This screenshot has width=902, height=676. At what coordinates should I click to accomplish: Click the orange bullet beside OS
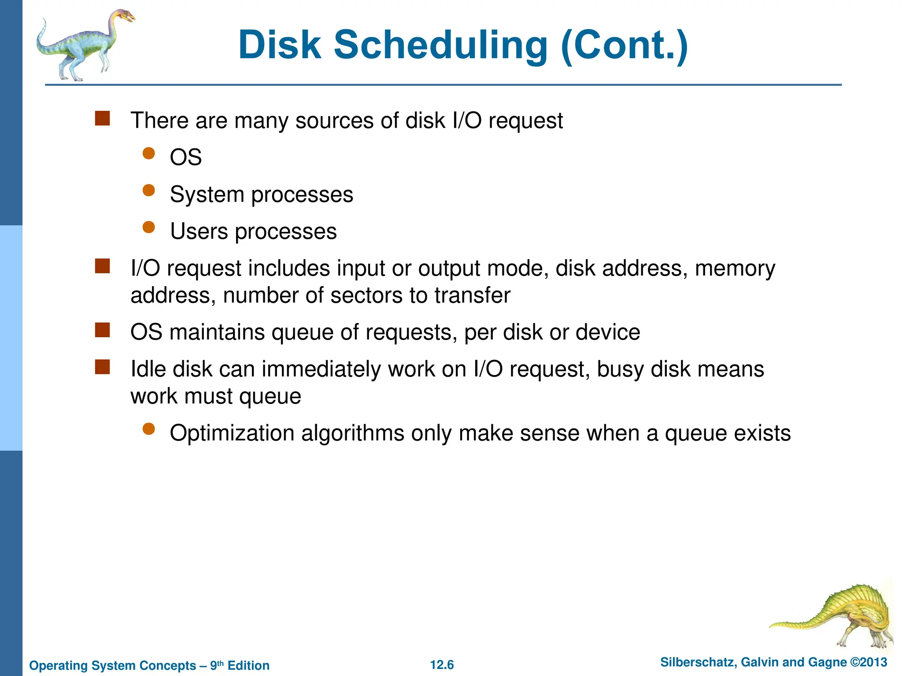click(x=149, y=153)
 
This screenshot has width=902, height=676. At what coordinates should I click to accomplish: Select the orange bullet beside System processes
click(x=149, y=190)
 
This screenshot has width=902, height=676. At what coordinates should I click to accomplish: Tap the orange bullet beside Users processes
click(x=149, y=227)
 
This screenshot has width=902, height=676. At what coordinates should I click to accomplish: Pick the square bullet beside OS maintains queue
click(x=102, y=330)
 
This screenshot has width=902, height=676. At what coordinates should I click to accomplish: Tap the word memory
click(x=735, y=268)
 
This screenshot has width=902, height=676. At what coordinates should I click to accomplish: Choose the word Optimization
click(x=232, y=434)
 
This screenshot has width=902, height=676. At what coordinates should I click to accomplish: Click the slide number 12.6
click(x=442, y=665)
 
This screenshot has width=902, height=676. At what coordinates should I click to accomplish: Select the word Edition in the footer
click(x=248, y=665)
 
